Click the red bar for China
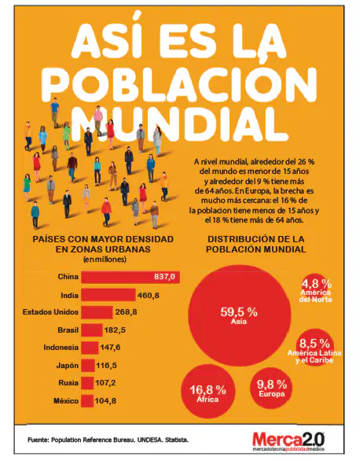click(x=130, y=277)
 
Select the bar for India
click(x=108, y=295)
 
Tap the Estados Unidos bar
click(x=97, y=312)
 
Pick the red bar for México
click(x=87, y=400)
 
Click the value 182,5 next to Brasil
click(x=115, y=330)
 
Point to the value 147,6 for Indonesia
click(x=110, y=348)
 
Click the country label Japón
click(x=68, y=366)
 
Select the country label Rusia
click(x=68, y=383)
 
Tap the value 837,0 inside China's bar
click(x=164, y=277)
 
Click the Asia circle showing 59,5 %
click(x=240, y=315)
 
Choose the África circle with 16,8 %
click(x=208, y=391)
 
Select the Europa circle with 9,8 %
click(x=272, y=389)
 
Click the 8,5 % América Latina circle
click(x=315, y=347)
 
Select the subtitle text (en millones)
click(x=105, y=260)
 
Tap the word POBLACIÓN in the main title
click(x=179, y=83)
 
